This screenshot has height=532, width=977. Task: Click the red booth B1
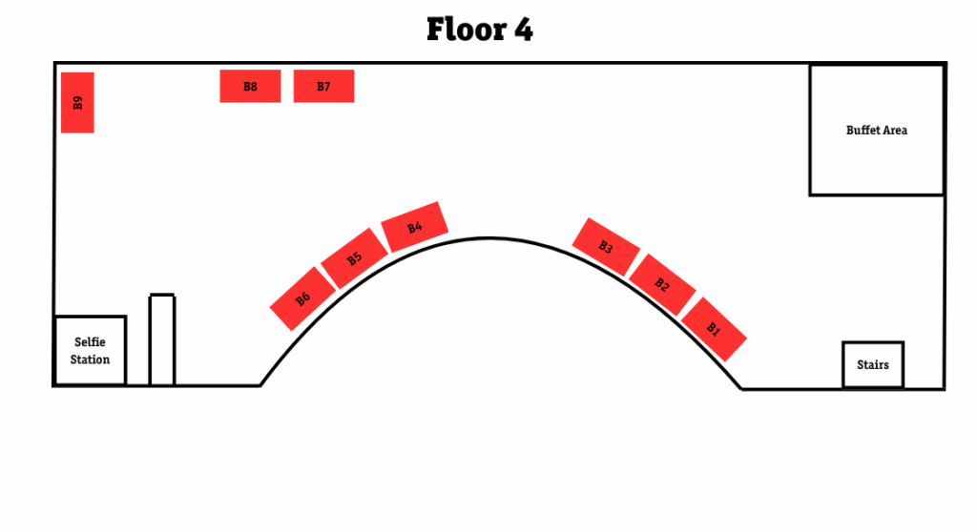tap(714, 329)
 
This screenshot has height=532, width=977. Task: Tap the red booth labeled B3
tap(606, 247)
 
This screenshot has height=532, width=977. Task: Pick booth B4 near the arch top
tap(415, 227)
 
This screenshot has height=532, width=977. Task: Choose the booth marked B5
tap(354, 258)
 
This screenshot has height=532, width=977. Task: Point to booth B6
tap(302, 299)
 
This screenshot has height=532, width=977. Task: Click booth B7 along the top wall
tap(323, 86)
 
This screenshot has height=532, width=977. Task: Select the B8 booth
tap(250, 86)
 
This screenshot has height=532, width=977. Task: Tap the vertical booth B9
tap(77, 102)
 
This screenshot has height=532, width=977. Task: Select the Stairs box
tap(872, 364)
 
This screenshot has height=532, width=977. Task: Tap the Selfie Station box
tap(90, 350)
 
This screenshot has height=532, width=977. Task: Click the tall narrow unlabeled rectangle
tap(162, 339)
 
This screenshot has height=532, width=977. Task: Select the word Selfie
tap(90, 341)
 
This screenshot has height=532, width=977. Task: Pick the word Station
tap(90, 359)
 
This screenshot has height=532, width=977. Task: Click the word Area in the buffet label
tap(895, 130)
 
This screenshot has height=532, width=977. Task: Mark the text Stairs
tap(872, 364)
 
